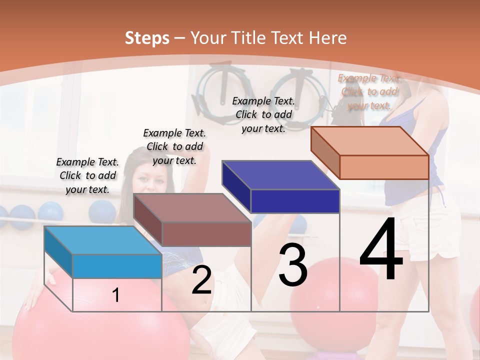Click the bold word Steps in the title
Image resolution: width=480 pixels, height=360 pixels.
[146, 38]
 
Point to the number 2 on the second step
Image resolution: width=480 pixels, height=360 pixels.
[201, 280]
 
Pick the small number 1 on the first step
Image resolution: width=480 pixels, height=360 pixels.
[116, 295]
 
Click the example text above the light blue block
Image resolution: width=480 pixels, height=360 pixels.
[88, 175]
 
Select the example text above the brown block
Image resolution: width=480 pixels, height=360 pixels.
[174, 146]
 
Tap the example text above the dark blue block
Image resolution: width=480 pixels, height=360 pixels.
[263, 114]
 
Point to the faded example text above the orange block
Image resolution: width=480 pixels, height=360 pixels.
[369, 92]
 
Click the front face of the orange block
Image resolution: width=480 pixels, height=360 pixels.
[384, 167]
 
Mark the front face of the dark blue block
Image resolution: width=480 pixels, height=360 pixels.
[295, 201]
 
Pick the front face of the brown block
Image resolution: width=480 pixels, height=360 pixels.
[206, 234]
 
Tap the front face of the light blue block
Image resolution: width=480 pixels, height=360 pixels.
[117, 266]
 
